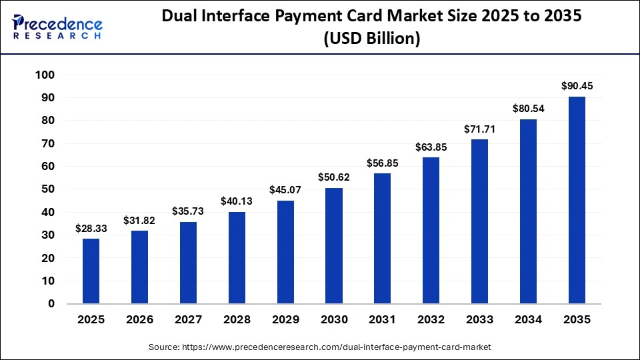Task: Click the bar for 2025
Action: pyautogui.click(x=91, y=271)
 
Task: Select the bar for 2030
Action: pyautogui.click(x=334, y=246)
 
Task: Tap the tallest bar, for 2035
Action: pyautogui.click(x=577, y=200)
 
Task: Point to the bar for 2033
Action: pyautogui.click(x=480, y=221)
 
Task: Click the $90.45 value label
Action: pyautogui.click(x=577, y=86)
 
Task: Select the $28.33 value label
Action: pyautogui.click(x=91, y=228)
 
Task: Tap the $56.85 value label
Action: pyautogui.click(x=383, y=163)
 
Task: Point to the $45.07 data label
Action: pyautogui.click(x=285, y=190)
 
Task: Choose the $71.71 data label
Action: pyautogui.click(x=480, y=129)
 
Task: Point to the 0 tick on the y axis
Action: pyautogui.click(x=51, y=304)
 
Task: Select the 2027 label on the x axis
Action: pyautogui.click(x=188, y=320)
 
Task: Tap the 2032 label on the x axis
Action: pyautogui.click(x=431, y=320)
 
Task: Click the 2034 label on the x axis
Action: pyautogui.click(x=529, y=320)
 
